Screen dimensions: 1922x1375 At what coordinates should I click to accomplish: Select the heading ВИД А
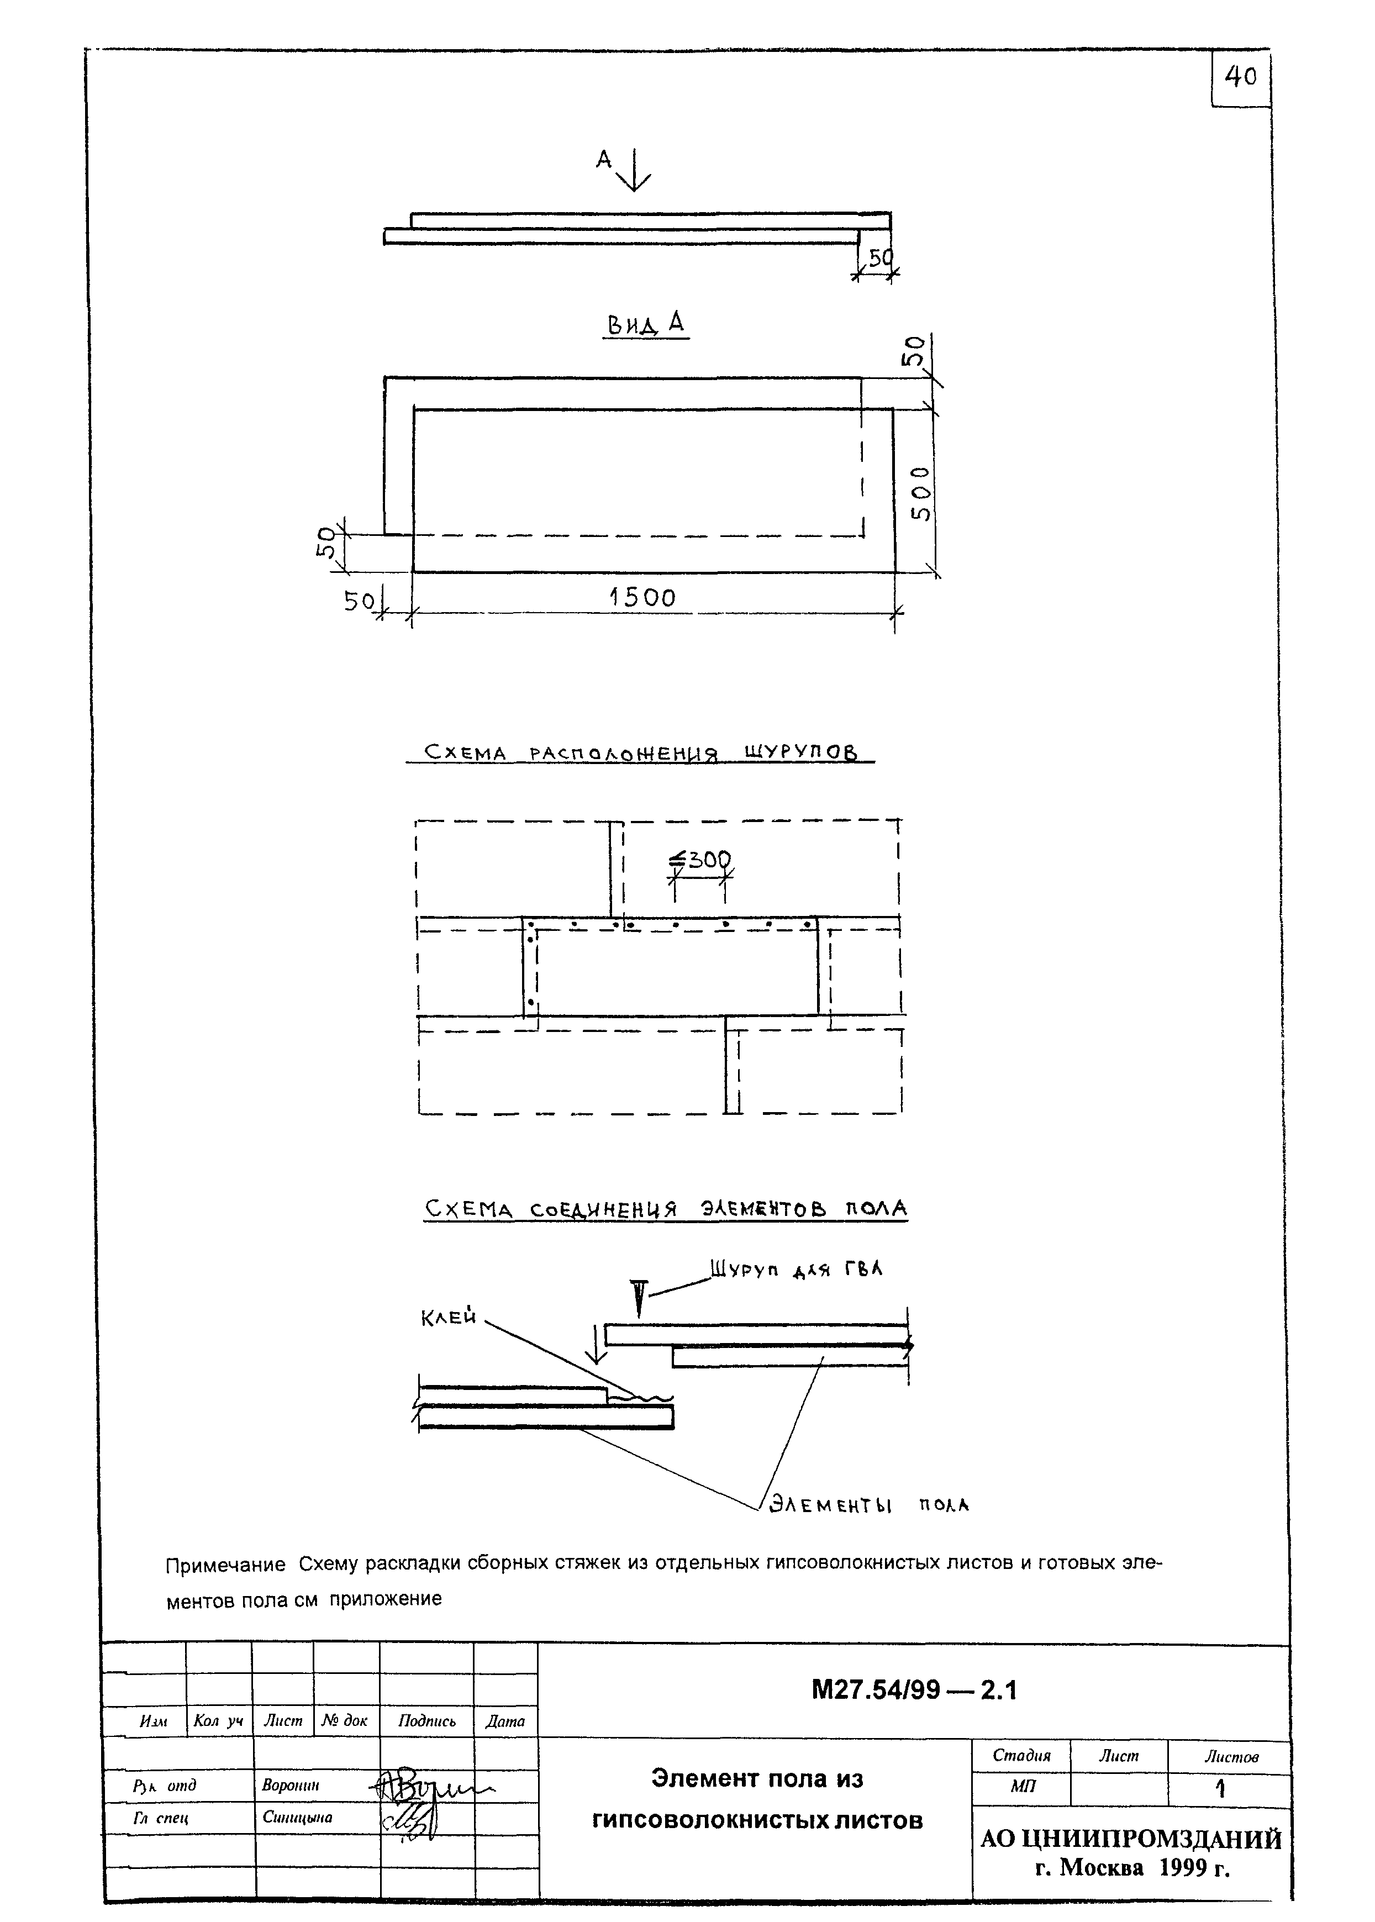point(645,323)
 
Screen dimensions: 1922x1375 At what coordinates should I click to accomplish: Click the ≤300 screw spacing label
point(700,860)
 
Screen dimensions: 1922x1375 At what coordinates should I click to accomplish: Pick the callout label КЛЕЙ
point(449,1318)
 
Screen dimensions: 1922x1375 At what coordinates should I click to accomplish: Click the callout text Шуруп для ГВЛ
point(796,1270)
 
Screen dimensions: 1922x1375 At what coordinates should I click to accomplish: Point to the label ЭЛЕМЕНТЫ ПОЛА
point(868,1504)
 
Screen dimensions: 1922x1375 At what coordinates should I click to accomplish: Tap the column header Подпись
point(426,1720)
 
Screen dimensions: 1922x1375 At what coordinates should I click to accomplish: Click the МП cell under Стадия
point(1022,1787)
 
